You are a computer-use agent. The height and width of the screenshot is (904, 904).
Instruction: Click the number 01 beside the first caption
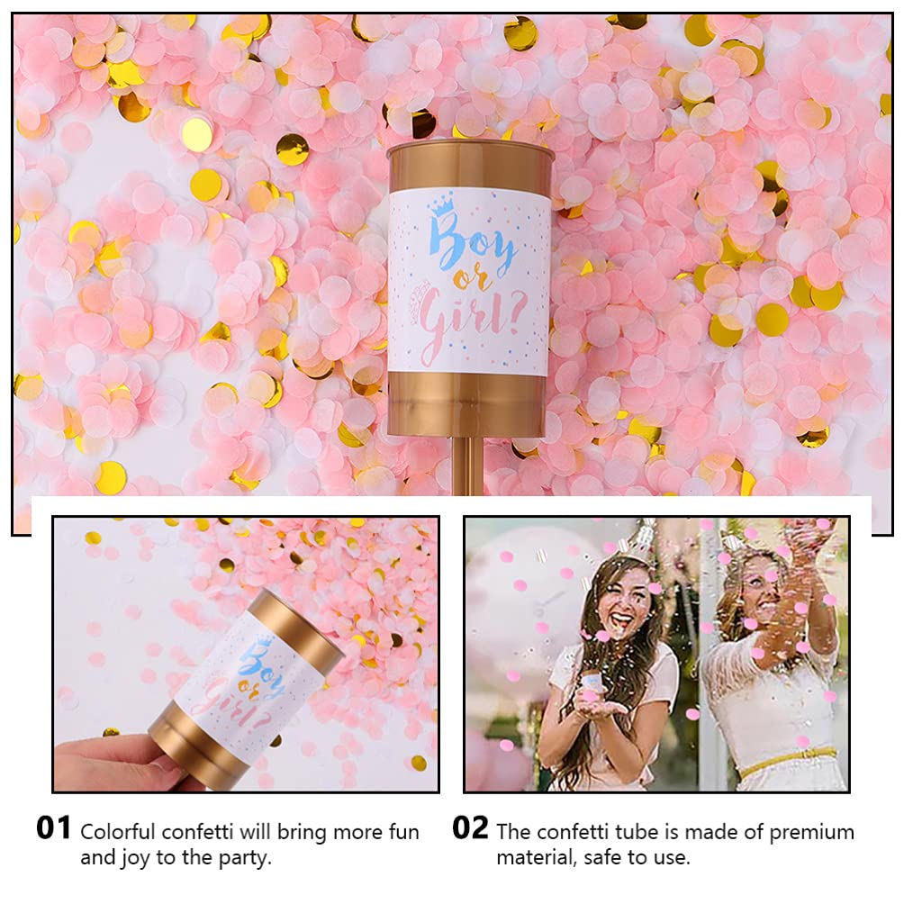53,827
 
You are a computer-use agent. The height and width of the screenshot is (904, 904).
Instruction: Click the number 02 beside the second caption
469,827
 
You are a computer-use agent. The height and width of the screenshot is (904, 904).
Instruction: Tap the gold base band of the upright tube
468,405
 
